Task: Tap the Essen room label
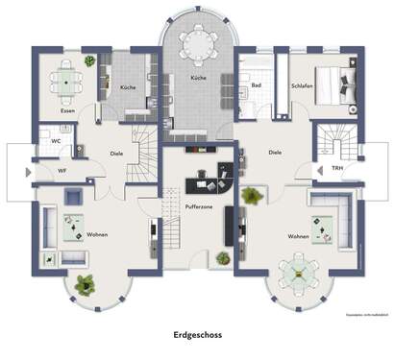tap(67, 111)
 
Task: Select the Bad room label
tap(257, 85)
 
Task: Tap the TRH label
tap(337, 169)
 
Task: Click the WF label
tap(62, 171)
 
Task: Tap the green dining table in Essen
tap(66, 83)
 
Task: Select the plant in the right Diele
tap(252, 196)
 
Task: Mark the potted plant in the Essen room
tap(89, 60)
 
